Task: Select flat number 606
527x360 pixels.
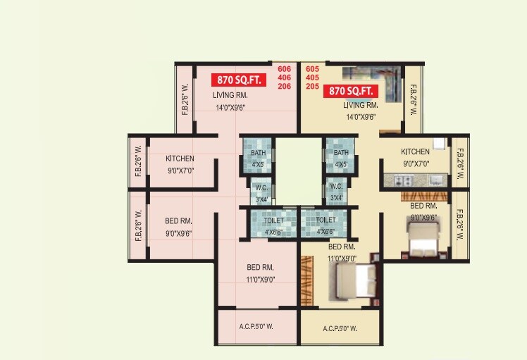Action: pyautogui.click(x=284, y=68)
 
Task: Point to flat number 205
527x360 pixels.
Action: pyautogui.click(x=312, y=87)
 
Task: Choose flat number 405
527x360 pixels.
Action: pyautogui.click(x=312, y=77)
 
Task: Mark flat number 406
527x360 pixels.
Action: pyautogui.click(x=284, y=77)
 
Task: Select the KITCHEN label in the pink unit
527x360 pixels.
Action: pyautogui.click(x=180, y=159)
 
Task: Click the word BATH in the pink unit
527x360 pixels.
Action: pyautogui.click(x=258, y=153)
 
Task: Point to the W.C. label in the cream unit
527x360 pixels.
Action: pyautogui.click(x=337, y=187)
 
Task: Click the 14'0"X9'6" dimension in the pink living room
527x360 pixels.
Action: pyautogui.click(x=235, y=108)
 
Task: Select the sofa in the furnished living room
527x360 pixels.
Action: pyautogui.click(x=373, y=75)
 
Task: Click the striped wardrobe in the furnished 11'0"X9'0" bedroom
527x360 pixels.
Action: pyautogui.click(x=307, y=282)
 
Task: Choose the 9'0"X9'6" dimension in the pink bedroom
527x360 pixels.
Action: pyautogui.click(x=178, y=232)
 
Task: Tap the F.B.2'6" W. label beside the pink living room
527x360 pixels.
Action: pyautogui.click(x=185, y=100)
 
